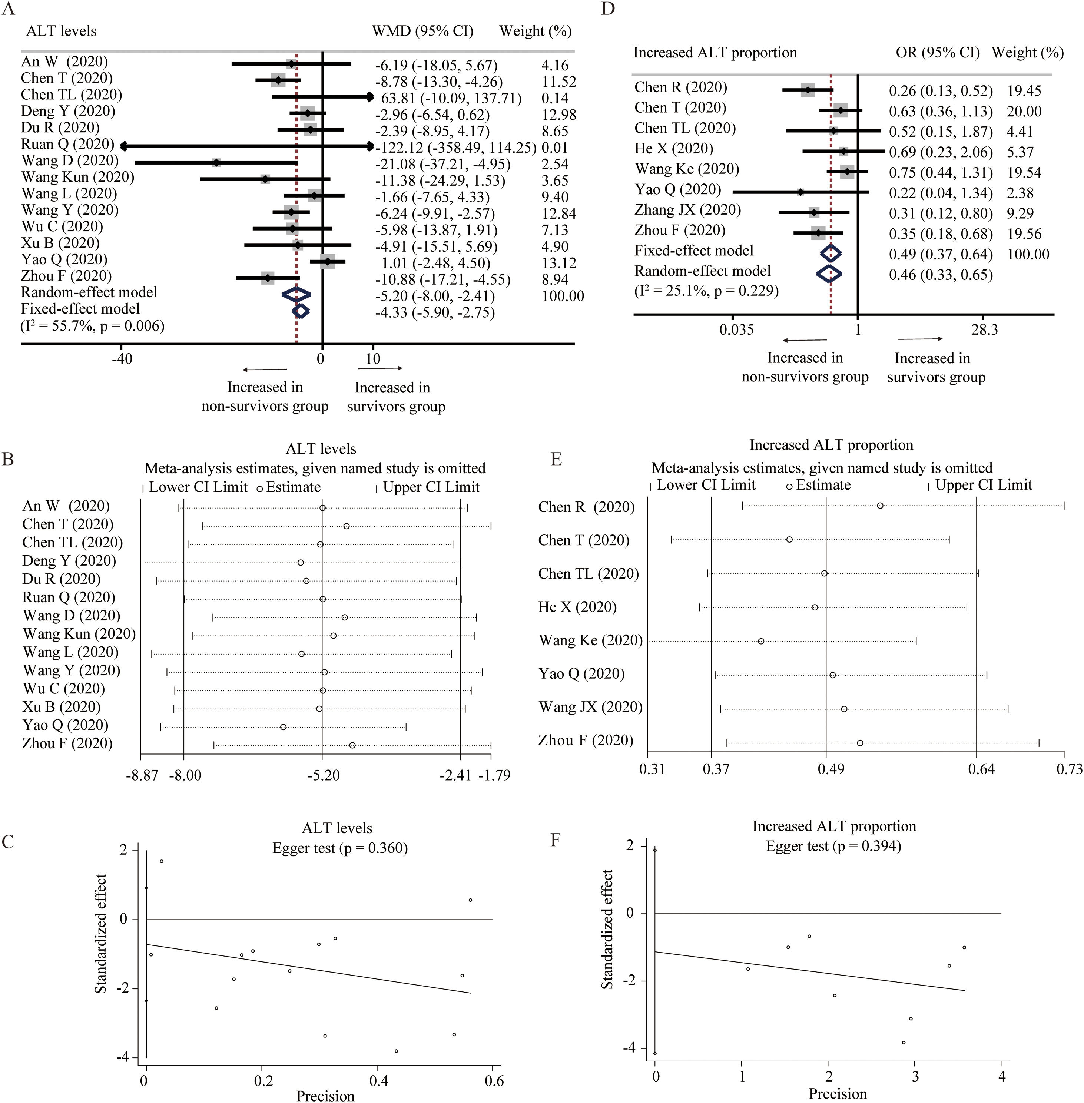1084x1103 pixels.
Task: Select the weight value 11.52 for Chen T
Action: coord(558,82)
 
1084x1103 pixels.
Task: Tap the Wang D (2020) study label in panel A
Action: coord(69,160)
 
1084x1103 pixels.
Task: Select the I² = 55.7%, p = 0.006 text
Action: coord(93,326)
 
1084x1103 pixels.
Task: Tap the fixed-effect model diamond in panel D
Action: coord(831,254)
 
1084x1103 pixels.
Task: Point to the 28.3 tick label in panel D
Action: coord(984,330)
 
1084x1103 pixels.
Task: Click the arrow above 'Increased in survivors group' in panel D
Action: coord(920,340)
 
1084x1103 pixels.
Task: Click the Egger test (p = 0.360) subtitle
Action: coord(340,848)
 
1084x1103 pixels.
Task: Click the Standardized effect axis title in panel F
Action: coord(607,929)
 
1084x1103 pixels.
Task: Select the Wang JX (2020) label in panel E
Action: coord(590,707)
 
